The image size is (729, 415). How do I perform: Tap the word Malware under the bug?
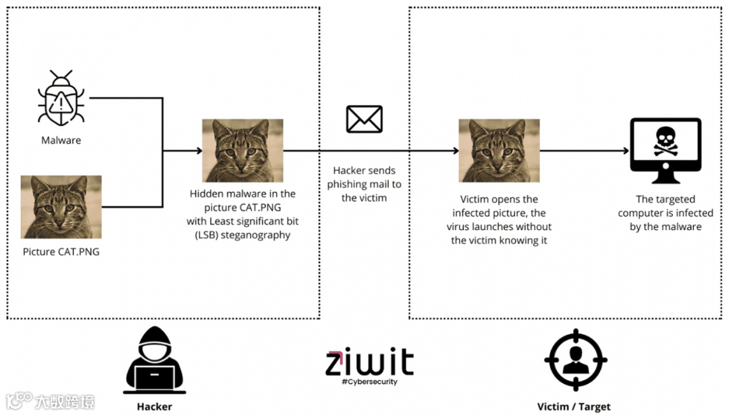61,140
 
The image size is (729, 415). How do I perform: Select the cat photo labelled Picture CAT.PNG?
61,207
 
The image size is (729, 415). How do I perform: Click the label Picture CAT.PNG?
61,252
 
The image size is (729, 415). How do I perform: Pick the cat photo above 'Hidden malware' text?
242,150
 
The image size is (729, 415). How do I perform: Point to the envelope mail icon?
364,119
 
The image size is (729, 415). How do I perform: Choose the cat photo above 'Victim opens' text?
499,150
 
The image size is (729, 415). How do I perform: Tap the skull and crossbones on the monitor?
665,142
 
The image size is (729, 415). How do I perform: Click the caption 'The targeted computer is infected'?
665,213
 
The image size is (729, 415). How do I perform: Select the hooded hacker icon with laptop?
155,360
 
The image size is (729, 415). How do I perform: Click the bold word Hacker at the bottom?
155,406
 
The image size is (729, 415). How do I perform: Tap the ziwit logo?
369,362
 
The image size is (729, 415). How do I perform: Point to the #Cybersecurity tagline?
369,382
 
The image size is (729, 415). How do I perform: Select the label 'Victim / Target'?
574,406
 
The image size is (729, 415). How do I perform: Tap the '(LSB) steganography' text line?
242,235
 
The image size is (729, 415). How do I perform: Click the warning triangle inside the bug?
61,103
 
